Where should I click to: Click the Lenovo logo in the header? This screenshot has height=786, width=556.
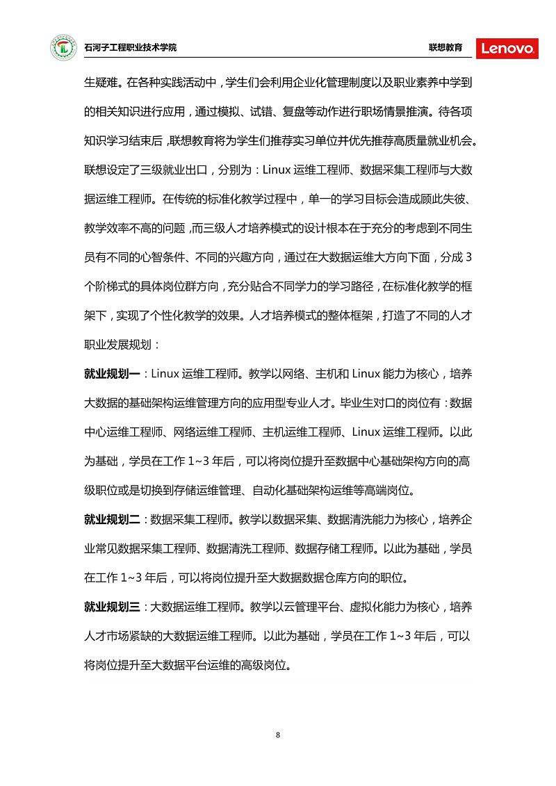click(x=507, y=48)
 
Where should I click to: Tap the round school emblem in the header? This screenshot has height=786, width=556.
click(x=63, y=48)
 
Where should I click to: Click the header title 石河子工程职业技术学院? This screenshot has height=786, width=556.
click(x=130, y=48)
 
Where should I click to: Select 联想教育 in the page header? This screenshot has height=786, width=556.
click(x=445, y=48)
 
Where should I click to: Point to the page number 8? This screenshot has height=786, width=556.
click(x=278, y=735)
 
